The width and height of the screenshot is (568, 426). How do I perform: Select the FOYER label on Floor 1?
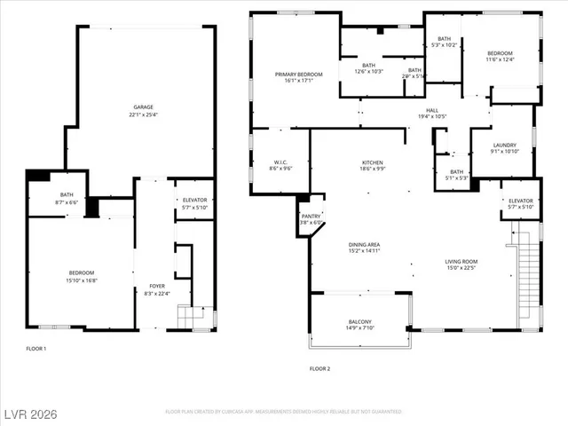(x=157, y=286)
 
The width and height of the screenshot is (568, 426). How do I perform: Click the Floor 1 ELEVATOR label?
(x=194, y=200)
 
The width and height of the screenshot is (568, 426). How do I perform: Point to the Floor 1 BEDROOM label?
(x=82, y=272)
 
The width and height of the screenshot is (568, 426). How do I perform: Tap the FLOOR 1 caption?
(x=36, y=349)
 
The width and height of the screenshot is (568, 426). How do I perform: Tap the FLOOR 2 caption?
(x=319, y=368)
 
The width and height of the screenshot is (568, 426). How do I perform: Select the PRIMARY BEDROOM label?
(x=298, y=74)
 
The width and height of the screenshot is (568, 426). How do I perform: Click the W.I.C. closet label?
(x=279, y=162)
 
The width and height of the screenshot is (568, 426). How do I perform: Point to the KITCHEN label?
(x=372, y=162)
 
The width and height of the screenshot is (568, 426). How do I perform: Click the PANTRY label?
(x=311, y=216)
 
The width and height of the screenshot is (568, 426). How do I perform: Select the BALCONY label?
(x=359, y=321)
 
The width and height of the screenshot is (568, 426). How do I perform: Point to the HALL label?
(x=432, y=109)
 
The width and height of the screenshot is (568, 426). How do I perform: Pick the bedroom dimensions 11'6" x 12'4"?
(x=500, y=60)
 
